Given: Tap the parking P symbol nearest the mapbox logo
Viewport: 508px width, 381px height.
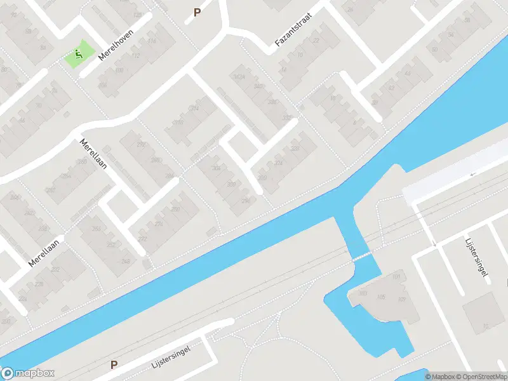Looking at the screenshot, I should click(x=114, y=364).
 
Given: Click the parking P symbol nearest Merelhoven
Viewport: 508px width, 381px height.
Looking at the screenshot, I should click(x=197, y=11).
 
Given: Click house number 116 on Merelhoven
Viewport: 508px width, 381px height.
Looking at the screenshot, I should click(x=151, y=41).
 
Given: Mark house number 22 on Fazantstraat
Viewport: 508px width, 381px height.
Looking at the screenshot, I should click(x=316, y=41).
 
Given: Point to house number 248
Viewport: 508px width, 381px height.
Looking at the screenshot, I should click(x=126, y=261).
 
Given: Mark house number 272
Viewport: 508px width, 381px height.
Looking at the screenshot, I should click(x=142, y=239).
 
